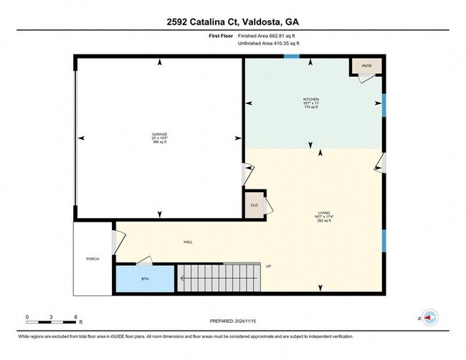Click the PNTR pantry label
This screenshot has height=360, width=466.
[x=366, y=65]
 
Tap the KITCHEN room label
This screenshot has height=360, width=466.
[x=310, y=99]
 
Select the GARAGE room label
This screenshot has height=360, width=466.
[x=158, y=134]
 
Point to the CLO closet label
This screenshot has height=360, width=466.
[x=254, y=205]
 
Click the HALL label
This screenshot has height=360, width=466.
[x=188, y=242]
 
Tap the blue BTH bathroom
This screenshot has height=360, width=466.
[x=145, y=279]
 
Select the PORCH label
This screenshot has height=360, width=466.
[x=92, y=259]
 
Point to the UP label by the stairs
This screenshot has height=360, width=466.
[x=269, y=266]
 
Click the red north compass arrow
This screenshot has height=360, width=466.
[x=429, y=316]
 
